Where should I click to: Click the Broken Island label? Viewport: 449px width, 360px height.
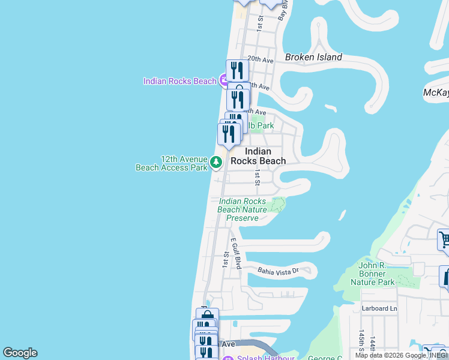click(x=313, y=58)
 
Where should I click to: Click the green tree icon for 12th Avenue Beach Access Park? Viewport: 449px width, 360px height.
click(x=215, y=162)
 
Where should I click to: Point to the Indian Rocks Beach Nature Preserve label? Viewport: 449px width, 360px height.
click(x=243, y=209)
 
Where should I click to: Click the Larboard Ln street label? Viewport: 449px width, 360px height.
click(x=379, y=308)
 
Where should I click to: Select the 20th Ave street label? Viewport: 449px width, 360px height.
click(x=261, y=60)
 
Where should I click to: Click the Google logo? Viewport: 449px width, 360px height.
click(x=20, y=353)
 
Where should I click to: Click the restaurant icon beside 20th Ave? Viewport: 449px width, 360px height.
click(x=237, y=71)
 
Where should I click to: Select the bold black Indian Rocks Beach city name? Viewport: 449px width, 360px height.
click(x=258, y=156)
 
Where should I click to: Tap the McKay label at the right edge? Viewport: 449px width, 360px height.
click(x=436, y=92)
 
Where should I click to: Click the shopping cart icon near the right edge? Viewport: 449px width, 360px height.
click(x=444, y=239)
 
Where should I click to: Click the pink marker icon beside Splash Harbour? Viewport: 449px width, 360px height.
click(x=227, y=358)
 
